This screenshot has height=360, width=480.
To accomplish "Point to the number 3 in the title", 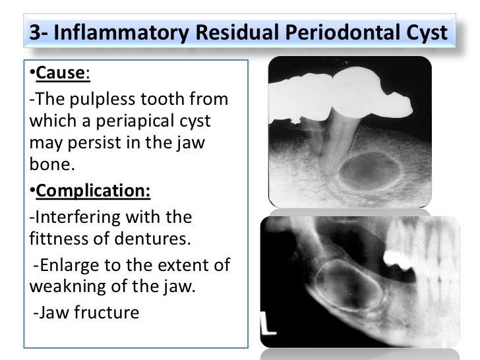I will click(36, 34).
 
